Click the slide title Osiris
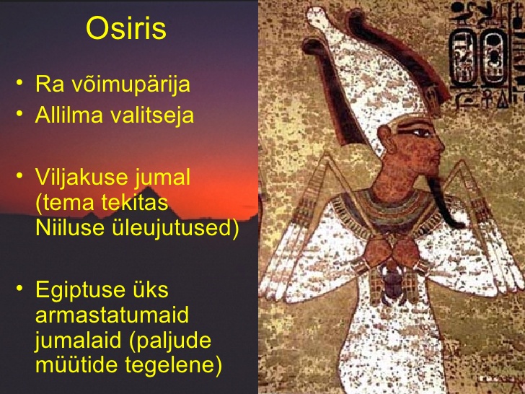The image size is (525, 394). coord(126,28)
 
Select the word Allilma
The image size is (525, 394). coord(69,115)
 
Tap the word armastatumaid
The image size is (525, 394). coord(112,315)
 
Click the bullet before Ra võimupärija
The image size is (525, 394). coord(19,82)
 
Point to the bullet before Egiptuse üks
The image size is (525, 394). coord(19,288)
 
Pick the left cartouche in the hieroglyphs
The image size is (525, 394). coord(464,58)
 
